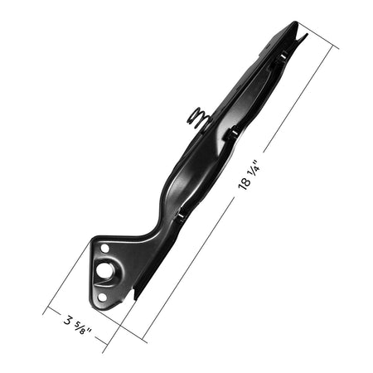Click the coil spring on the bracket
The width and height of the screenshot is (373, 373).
pyautogui.click(x=197, y=118)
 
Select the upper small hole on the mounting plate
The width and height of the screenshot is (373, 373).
pyautogui.click(x=104, y=249)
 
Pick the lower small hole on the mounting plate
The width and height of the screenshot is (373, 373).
pyautogui.click(x=102, y=298)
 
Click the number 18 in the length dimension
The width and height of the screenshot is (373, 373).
pyautogui.click(x=245, y=182)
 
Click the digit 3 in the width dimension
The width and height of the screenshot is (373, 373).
pyautogui.click(x=68, y=321)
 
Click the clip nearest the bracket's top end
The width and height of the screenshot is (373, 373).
pyautogui.click(x=282, y=56)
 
